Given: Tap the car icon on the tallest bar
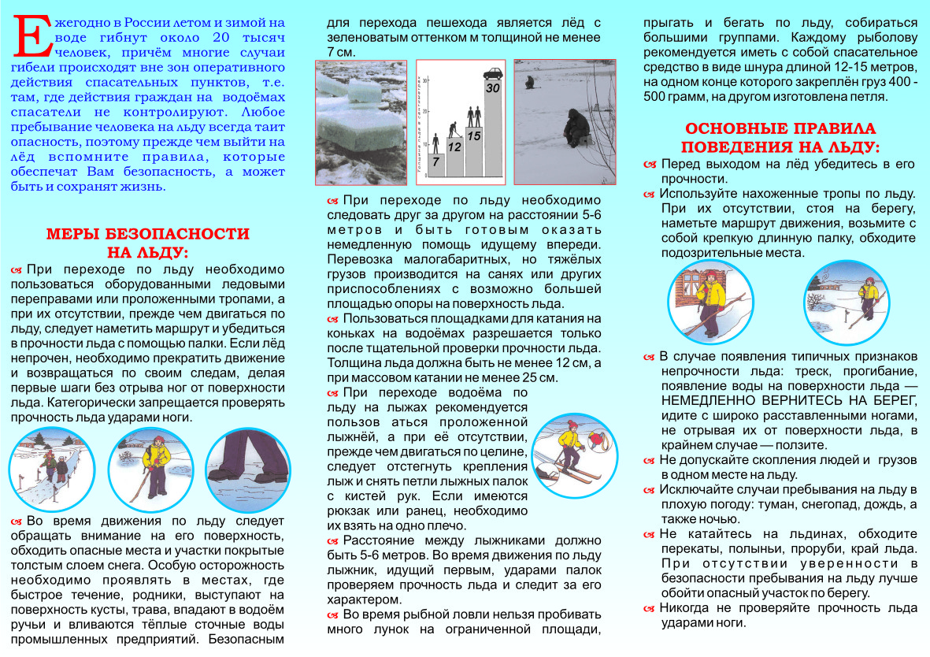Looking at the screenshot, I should (493, 74).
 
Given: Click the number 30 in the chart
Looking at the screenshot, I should (493, 88).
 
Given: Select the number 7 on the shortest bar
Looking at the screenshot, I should (435, 162).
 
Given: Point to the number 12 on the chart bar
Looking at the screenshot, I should (454, 146).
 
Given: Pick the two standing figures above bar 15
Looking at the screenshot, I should (473, 116).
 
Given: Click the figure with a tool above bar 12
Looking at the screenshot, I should (454, 126).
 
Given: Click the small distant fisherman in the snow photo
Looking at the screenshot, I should (528, 82).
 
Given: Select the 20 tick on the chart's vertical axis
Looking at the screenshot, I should (425, 115).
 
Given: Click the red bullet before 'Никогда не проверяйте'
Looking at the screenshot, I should (649, 607).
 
